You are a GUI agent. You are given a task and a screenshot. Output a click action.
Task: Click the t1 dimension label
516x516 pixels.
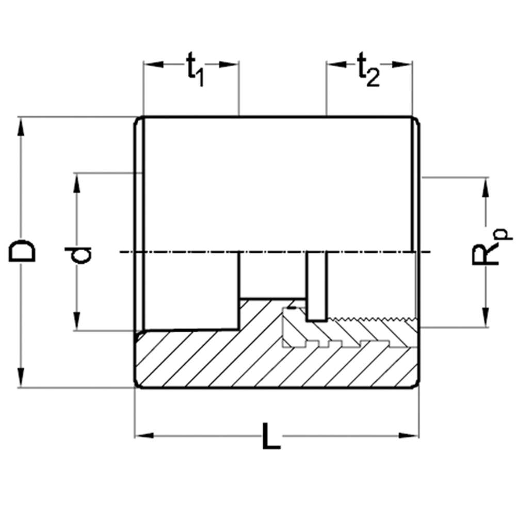click(196, 70)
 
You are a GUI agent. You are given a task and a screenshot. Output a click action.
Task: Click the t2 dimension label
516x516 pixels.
click(368, 70)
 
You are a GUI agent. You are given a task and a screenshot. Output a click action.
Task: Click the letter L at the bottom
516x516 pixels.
click(271, 437)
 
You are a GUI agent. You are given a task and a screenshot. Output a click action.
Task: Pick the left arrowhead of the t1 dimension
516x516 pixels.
click(154, 64)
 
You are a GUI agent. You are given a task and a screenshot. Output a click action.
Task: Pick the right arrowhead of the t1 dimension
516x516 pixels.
click(229, 64)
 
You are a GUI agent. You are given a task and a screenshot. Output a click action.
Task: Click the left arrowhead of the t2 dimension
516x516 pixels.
click(336, 64)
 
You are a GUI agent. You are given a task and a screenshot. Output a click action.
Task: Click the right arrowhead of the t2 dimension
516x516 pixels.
click(402, 64)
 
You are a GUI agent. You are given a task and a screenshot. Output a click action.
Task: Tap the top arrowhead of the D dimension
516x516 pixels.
click(21, 127)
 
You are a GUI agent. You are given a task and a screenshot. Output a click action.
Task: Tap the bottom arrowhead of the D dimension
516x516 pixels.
click(21, 378)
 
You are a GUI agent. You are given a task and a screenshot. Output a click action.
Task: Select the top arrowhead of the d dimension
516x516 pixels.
click(77, 183)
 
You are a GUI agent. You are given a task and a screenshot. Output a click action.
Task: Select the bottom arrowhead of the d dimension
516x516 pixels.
click(77, 321)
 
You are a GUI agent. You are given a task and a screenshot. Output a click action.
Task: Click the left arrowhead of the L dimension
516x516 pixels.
click(145, 436)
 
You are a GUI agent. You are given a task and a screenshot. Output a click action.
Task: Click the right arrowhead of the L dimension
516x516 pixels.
click(409, 436)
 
